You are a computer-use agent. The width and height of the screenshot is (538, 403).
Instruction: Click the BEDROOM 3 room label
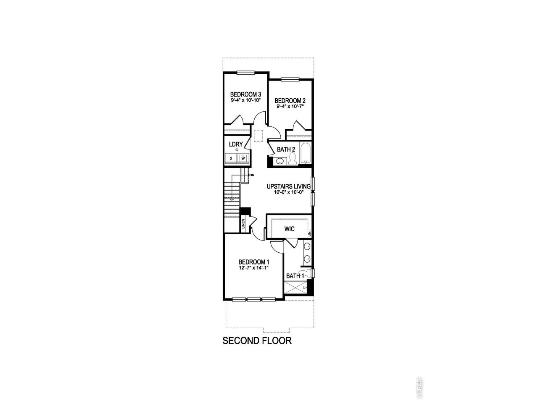(x=245, y=94)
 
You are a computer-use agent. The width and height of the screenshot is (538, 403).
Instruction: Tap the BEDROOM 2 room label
(x=290, y=101)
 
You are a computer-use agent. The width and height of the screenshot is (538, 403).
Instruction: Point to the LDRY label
(x=236, y=144)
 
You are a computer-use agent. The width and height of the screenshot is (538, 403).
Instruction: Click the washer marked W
(x=243, y=158)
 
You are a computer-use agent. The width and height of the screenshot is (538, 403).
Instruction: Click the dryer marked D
(x=231, y=158)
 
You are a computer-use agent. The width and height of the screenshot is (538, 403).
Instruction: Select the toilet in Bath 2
(x=292, y=159)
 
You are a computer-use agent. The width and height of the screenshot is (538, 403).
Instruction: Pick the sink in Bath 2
(x=280, y=161)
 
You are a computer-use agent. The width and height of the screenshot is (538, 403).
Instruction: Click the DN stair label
(x=252, y=175)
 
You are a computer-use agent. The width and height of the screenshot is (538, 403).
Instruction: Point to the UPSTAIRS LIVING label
(x=288, y=186)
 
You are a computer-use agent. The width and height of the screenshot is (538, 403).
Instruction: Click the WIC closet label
(x=290, y=229)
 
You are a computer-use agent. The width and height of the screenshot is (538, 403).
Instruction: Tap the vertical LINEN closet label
(x=243, y=224)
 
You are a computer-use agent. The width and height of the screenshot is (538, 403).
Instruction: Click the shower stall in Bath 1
(x=295, y=288)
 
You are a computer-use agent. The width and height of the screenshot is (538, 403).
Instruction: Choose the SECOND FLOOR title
(x=257, y=341)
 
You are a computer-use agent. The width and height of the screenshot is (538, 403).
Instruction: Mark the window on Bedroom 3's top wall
(x=246, y=73)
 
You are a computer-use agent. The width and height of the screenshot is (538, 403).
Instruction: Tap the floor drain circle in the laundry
(x=237, y=149)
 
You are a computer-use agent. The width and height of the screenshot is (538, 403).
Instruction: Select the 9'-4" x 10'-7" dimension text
(x=290, y=107)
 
